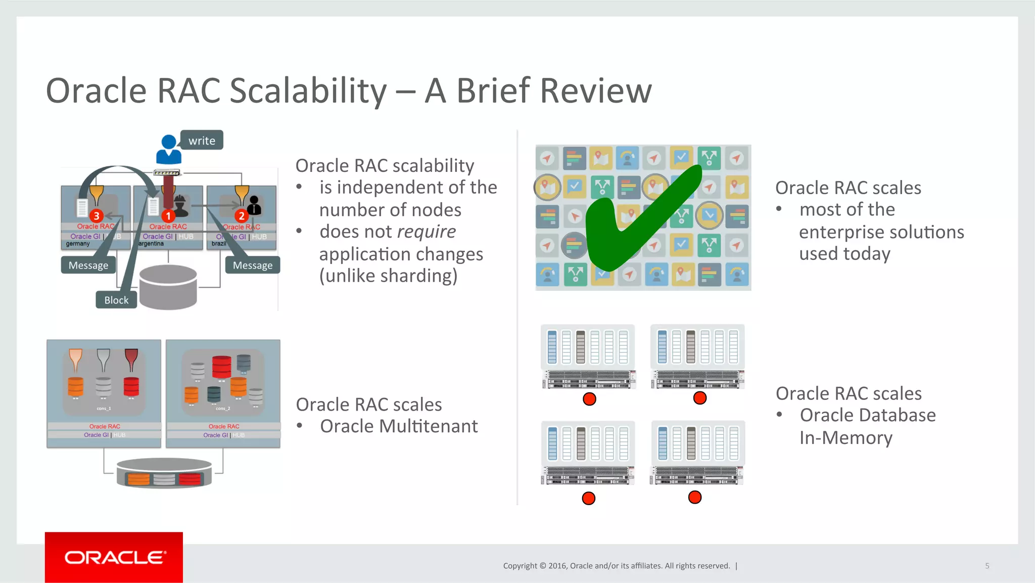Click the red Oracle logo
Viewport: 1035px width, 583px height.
click(x=114, y=557)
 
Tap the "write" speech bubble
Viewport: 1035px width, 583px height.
click(x=202, y=141)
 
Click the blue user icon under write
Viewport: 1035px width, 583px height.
click(x=168, y=150)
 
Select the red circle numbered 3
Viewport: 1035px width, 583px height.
click(x=96, y=216)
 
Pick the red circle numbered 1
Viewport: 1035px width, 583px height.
click(x=168, y=216)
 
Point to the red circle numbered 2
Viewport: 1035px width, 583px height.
click(x=242, y=216)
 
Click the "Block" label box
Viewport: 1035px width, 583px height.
click(x=116, y=300)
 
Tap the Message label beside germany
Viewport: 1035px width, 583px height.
click(x=88, y=265)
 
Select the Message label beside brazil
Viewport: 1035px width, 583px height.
click(x=253, y=265)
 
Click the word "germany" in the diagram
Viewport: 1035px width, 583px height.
click(x=78, y=244)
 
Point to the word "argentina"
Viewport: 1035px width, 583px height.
click(x=151, y=244)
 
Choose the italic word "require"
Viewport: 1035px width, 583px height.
click(x=426, y=232)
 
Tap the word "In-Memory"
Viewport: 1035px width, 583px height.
click(x=845, y=437)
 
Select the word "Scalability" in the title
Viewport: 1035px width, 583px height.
click(x=308, y=91)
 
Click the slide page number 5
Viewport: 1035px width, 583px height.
click(x=987, y=566)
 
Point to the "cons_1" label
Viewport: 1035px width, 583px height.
click(x=104, y=409)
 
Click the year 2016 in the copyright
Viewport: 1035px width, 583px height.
click(x=557, y=566)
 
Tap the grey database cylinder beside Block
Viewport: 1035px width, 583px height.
click(x=168, y=287)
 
